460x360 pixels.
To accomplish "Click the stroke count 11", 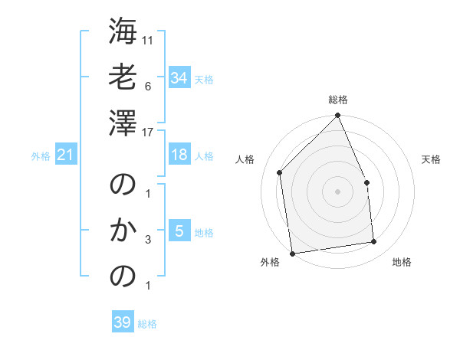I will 148,40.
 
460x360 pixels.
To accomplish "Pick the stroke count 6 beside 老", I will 147,86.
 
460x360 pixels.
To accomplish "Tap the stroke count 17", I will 148,132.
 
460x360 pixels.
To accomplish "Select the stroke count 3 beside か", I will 147,240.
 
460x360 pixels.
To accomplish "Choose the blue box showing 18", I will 179,155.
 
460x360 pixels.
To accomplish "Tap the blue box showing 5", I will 179,231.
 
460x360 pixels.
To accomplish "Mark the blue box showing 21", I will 66,155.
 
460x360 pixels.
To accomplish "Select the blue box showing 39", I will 123,322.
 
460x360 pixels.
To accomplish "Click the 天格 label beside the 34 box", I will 204,80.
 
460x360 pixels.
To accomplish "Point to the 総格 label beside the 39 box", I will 147,325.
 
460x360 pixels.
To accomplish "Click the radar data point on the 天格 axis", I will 366,182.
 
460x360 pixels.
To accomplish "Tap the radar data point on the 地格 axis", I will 374,242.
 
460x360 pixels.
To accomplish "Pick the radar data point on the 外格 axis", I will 292,253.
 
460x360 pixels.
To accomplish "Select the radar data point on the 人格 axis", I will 280,172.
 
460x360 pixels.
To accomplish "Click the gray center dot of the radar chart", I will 337,191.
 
